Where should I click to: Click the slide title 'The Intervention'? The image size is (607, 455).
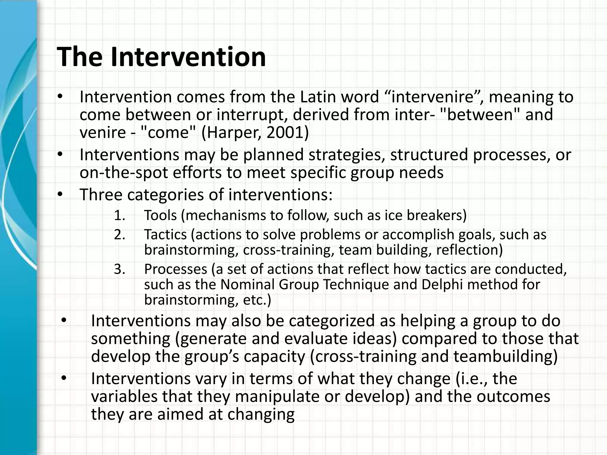[x=161, y=57]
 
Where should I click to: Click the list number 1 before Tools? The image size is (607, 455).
[x=119, y=215]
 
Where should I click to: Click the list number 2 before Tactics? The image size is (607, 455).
[x=119, y=235]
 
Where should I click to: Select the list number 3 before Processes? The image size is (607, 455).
[x=119, y=269]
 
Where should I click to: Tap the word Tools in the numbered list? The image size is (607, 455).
[x=160, y=215]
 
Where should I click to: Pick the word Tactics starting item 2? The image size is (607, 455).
[x=165, y=235]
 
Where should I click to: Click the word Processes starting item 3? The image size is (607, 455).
[x=175, y=269]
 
